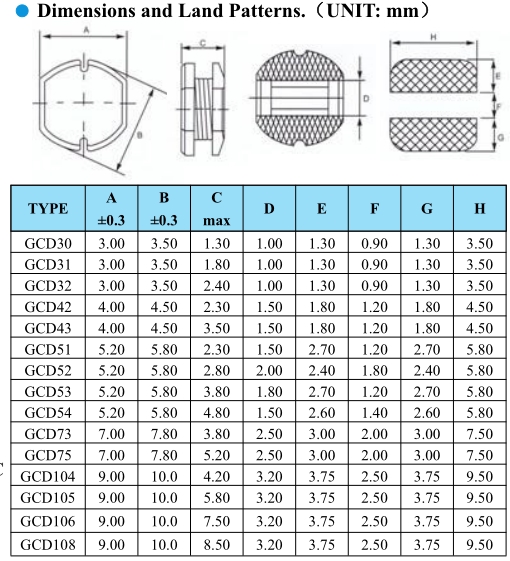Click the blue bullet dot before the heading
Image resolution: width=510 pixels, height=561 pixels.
pos(22,11)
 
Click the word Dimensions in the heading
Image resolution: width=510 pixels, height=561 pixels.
pos(87,11)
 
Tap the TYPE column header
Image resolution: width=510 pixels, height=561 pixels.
pos(48,209)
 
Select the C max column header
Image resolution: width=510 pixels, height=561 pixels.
pos(217,209)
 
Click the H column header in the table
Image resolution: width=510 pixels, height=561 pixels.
pos(480,209)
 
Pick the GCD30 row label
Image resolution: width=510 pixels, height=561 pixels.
pos(48,243)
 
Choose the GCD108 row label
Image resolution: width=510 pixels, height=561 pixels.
pos(48,545)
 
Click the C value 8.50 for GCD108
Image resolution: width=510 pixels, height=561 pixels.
pos(217,545)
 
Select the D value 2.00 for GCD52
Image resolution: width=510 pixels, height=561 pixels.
pos(269,370)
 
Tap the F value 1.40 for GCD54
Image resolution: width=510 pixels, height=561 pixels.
pos(374,413)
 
